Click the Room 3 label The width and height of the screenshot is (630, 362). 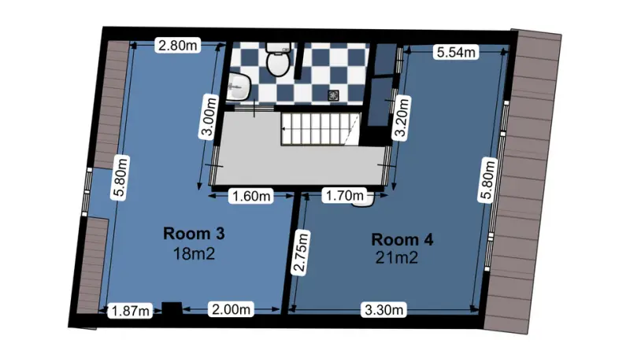[x=194, y=233]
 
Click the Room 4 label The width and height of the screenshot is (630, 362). [x=402, y=239]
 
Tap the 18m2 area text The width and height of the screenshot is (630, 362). [x=194, y=253]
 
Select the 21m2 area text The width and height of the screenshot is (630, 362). [x=397, y=257]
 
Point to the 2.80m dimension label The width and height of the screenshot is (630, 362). [x=178, y=46]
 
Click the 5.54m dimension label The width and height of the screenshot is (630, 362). [x=456, y=52]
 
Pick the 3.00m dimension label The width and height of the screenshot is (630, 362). [x=209, y=116]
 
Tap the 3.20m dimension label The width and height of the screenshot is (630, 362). [x=402, y=116]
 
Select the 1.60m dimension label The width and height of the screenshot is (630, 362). [x=251, y=196]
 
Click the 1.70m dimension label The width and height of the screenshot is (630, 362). [x=344, y=195]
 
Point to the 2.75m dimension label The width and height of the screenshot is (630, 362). [x=301, y=253]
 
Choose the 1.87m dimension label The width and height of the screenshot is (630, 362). [x=130, y=311]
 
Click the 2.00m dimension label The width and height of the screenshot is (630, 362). [x=231, y=309]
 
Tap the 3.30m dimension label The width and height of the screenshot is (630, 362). [x=384, y=310]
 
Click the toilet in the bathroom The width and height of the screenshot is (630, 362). [x=278, y=60]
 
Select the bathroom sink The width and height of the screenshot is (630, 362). [x=239, y=87]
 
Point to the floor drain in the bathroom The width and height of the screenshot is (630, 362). [x=333, y=95]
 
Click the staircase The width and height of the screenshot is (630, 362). [x=321, y=129]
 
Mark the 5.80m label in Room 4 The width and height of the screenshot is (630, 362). [x=487, y=179]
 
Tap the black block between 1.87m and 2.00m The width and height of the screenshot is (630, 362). [x=172, y=309]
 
